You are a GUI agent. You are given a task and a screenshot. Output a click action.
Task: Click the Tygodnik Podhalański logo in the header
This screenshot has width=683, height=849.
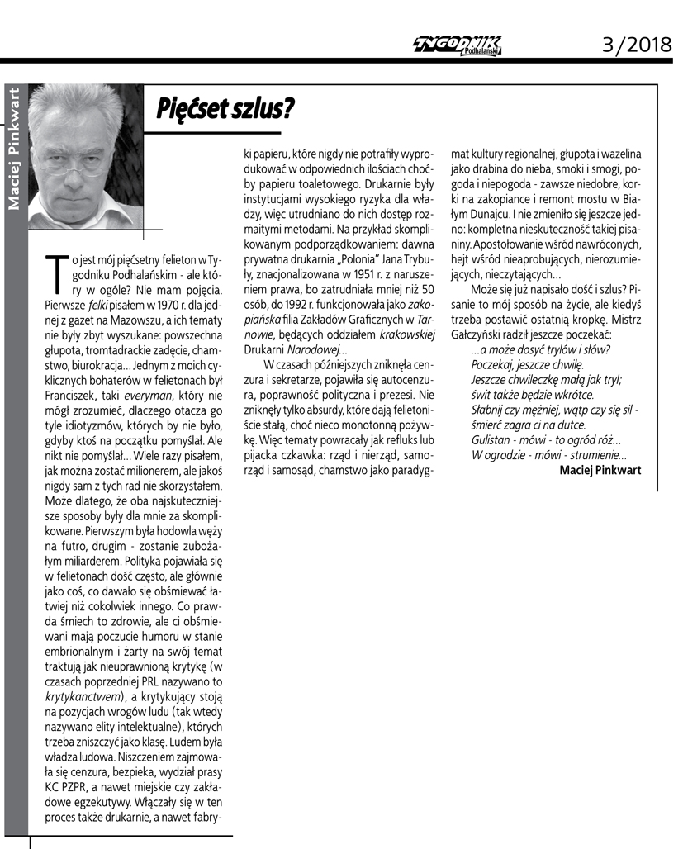458,46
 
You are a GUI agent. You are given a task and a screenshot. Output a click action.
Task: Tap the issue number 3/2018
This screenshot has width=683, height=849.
635,45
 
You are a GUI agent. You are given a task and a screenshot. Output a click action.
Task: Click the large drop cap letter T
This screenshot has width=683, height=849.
57,275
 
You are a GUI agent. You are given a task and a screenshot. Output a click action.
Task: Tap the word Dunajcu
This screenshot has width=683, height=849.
487,212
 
